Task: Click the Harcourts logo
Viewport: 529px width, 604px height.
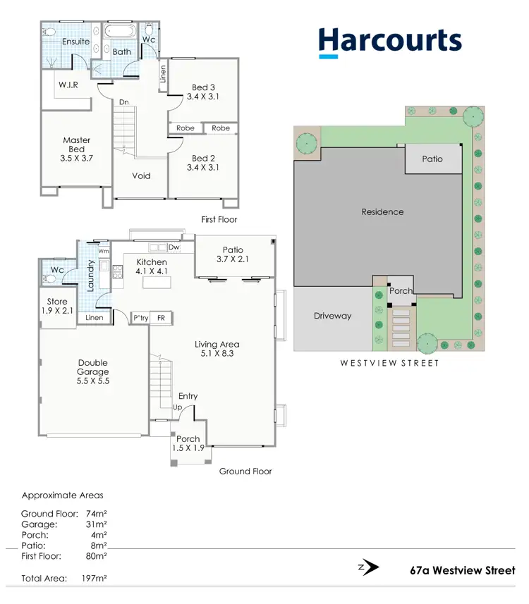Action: pos(390,41)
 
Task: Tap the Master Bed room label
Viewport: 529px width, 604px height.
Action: pos(77,149)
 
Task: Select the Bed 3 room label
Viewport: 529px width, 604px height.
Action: pos(204,92)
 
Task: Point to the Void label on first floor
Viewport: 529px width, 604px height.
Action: pos(142,176)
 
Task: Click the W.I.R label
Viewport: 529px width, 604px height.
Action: pos(68,85)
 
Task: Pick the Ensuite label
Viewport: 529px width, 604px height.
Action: pos(76,42)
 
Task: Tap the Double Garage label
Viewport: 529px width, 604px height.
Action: pos(93,371)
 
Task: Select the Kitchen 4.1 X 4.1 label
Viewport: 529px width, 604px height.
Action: pos(152,266)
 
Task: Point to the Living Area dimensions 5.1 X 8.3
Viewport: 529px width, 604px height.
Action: pos(217,355)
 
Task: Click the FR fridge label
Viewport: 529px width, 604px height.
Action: pos(161,319)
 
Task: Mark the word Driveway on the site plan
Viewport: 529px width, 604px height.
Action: pos(332,316)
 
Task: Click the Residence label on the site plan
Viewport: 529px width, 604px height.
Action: pos(382,211)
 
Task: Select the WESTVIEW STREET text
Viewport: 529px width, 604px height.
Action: pos(389,363)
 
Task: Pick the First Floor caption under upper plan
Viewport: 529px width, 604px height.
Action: pos(219,220)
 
